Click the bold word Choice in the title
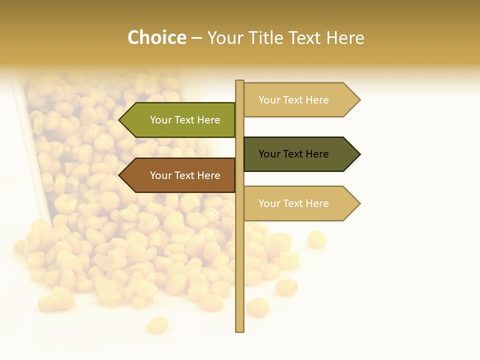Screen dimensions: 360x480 coord(156,37)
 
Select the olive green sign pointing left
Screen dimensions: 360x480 coord(180,120)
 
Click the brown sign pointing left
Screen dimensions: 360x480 coord(180,175)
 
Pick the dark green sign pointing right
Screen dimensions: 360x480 coord(297,154)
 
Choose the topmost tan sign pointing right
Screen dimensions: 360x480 coord(297,100)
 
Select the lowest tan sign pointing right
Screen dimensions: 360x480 coord(297,203)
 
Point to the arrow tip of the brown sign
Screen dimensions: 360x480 coord(120,175)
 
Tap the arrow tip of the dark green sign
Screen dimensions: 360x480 coord(358,154)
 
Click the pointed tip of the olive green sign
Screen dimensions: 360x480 coord(120,120)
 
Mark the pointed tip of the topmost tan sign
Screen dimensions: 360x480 coord(358,100)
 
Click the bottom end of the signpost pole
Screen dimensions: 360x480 coord(239,329)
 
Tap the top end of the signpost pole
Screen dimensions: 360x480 coord(239,82)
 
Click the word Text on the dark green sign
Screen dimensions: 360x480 coord(294,154)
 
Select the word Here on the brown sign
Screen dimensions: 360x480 coord(208,175)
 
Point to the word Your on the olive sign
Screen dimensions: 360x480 coord(160,120)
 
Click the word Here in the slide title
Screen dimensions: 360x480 coord(345,37)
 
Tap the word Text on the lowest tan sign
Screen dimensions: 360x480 coord(294,203)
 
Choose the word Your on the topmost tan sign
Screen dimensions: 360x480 coord(269,100)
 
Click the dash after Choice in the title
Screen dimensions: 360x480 coord(196,38)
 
